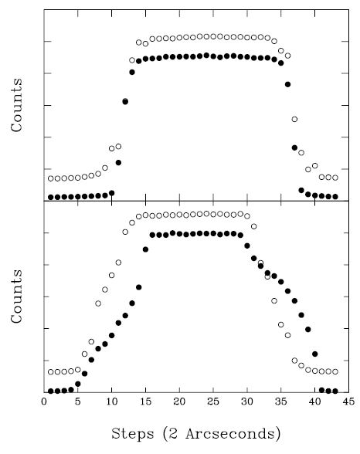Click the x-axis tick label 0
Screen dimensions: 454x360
(x=44, y=401)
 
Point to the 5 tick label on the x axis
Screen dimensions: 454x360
(x=78, y=401)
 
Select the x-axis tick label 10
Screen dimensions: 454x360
(x=111, y=401)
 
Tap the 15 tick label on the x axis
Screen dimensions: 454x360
(x=145, y=401)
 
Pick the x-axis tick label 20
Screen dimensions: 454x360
(x=179, y=401)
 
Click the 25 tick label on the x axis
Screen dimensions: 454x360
(x=213, y=401)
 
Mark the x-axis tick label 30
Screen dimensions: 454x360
(x=247, y=401)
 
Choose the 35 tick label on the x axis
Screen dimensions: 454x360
(x=281, y=401)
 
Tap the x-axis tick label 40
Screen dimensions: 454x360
(x=315, y=401)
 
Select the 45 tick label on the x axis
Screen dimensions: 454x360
(x=348, y=401)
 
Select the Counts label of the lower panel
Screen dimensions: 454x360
(x=17, y=297)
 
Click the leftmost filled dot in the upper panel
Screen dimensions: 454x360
(x=51, y=197)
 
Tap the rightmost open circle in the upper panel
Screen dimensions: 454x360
(x=335, y=178)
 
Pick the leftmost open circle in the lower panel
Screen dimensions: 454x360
(x=51, y=372)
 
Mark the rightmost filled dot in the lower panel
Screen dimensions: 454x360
(x=335, y=391)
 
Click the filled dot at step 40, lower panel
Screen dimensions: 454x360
(x=315, y=354)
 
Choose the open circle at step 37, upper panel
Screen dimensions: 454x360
(x=294, y=119)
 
